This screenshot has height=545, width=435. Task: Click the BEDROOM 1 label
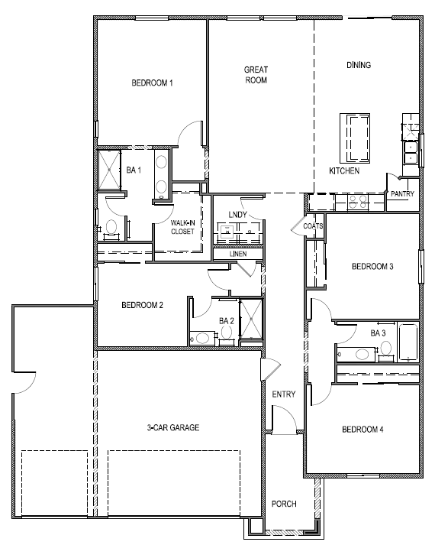tap(152, 83)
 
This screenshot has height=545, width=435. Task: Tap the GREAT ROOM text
tap(256, 74)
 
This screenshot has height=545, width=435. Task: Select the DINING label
tap(358, 65)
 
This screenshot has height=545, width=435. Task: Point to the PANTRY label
tap(402, 194)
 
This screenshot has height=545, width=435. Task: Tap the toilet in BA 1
tap(111, 226)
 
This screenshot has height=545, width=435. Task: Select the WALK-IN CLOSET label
tap(182, 226)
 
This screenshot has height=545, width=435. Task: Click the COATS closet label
tap(313, 226)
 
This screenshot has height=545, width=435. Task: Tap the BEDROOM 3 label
tap(372, 267)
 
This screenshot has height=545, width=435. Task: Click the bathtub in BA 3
tap(408, 342)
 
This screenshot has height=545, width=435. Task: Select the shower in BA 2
tap(250, 320)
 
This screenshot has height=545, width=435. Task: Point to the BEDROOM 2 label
tap(143, 305)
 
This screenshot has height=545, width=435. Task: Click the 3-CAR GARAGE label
tap(173, 428)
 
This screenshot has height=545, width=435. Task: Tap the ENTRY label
tap(283, 394)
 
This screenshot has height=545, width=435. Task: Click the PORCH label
tap(283, 504)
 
